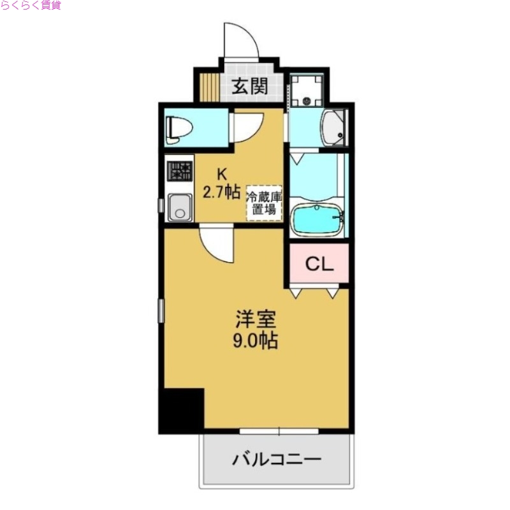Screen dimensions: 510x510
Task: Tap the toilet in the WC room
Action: click(x=178, y=127)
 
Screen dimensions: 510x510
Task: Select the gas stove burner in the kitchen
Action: click(x=179, y=171)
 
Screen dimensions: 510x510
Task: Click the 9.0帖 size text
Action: click(x=254, y=341)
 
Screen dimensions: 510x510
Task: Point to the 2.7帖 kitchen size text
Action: click(x=222, y=192)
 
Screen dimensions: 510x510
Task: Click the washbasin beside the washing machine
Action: click(x=335, y=129)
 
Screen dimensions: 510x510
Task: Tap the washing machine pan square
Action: click(x=308, y=89)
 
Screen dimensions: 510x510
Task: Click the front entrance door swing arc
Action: click(x=242, y=41)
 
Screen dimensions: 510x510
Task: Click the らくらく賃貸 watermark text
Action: click(x=31, y=6)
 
